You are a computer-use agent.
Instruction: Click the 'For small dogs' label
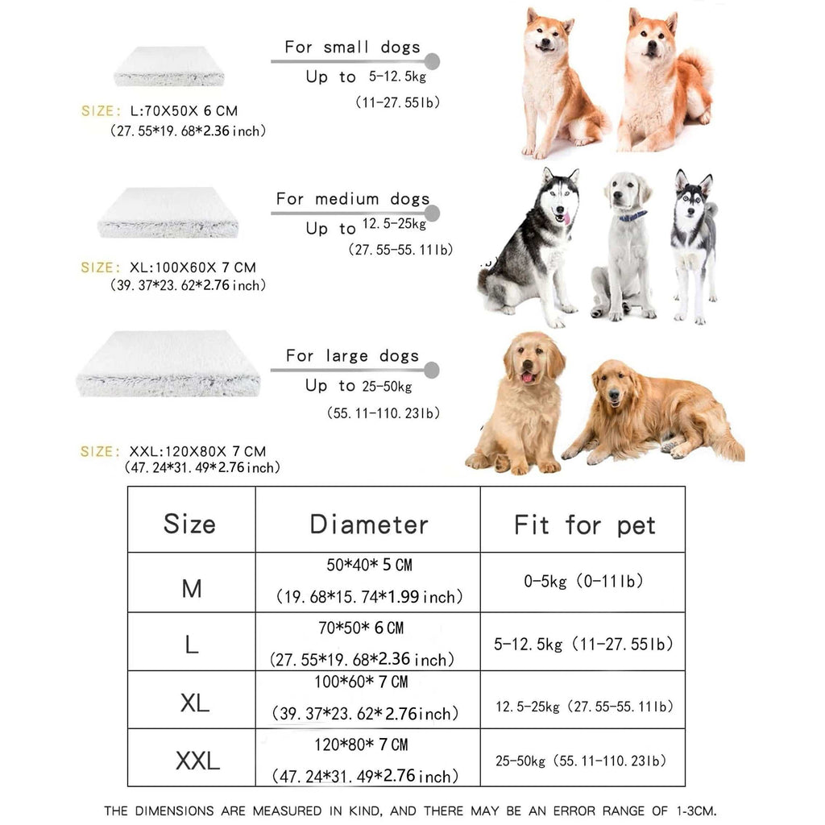(x=352, y=47)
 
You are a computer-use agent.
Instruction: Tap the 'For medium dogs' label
(x=352, y=199)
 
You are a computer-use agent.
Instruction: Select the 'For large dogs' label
(x=352, y=355)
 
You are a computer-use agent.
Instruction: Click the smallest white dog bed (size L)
(x=168, y=67)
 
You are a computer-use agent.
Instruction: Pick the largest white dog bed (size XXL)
(x=168, y=363)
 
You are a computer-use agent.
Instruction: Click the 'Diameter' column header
(x=368, y=524)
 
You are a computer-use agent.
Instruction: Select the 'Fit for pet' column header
(x=584, y=526)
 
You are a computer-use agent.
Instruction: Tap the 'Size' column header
(x=190, y=524)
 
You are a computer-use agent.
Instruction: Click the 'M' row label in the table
(x=191, y=589)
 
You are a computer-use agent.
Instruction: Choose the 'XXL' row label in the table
(x=197, y=760)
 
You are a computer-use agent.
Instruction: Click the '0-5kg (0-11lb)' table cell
(x=583, y=581)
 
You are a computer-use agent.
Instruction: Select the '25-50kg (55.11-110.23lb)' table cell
(x=581, y=761)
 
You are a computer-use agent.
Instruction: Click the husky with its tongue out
(x=535, y=246)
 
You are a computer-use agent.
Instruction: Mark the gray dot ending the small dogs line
(x=432, y=61)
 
